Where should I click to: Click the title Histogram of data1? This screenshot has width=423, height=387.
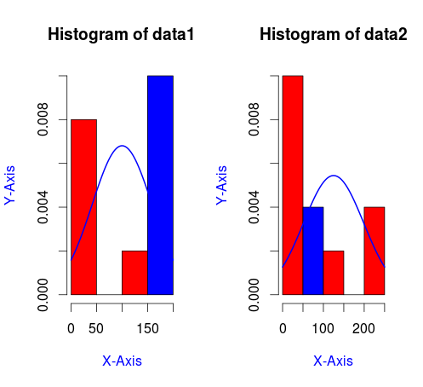121,34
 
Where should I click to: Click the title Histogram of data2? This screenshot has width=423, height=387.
334,34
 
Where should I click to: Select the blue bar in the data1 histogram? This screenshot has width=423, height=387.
160,185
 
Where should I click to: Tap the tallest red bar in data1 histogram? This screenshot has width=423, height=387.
83,207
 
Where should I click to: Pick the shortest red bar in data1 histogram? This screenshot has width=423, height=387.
134,273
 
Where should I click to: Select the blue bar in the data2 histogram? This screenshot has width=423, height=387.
313,251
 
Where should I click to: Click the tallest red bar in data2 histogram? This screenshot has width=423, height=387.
293,185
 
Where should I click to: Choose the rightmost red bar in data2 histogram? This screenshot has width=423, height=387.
374,251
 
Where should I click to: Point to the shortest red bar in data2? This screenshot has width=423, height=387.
334,273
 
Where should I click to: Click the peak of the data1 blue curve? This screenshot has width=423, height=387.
122,146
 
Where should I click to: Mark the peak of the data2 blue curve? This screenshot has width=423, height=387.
334,176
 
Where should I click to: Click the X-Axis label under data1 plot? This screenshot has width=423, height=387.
122,361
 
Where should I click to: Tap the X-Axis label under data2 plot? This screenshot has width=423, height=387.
334,361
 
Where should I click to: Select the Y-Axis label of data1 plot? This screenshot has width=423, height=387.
9,185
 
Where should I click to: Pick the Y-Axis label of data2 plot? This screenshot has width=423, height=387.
221,185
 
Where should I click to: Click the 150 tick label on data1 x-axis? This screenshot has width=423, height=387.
147,329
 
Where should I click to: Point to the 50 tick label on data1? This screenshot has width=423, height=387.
96,329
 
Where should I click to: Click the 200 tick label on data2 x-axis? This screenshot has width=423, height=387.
363,329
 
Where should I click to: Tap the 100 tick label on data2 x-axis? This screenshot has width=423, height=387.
323,329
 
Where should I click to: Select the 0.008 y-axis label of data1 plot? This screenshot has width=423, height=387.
43,119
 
